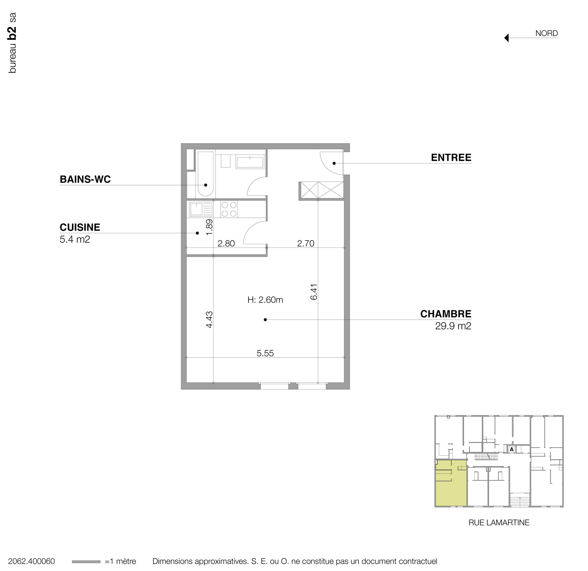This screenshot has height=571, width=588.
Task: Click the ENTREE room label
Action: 451,158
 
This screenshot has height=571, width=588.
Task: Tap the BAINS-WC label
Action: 85,179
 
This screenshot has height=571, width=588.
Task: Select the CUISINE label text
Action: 80,227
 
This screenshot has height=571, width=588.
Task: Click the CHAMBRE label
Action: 446,314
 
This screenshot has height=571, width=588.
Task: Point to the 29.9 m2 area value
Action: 453,326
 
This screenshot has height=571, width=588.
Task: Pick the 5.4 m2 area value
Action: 75,239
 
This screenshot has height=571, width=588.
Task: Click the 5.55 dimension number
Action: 265,353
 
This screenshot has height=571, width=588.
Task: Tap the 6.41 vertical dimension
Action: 314,292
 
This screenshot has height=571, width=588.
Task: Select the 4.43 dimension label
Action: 209,319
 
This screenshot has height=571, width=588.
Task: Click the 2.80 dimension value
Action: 226,243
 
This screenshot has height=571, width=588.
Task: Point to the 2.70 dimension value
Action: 306,243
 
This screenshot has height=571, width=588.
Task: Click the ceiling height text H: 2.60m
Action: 265,300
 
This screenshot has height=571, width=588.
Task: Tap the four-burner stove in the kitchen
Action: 229,209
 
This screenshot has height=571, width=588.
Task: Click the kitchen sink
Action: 197,209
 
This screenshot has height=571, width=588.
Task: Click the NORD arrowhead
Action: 506,38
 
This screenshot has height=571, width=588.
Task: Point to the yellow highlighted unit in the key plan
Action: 451,483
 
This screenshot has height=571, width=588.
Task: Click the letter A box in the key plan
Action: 512,449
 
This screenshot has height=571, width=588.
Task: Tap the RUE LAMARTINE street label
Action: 499,522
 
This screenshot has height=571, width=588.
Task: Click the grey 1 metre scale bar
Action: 86,562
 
